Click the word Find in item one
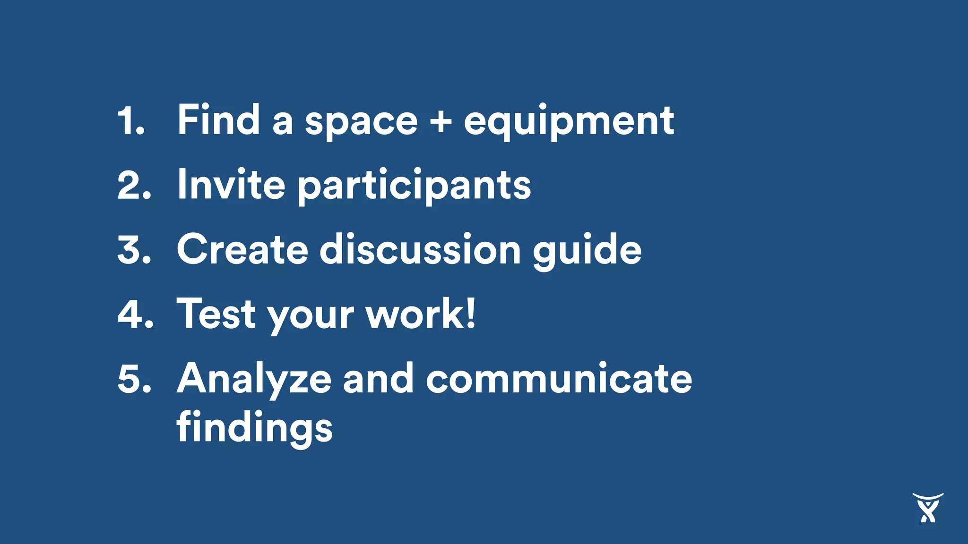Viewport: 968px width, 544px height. click(218, 120)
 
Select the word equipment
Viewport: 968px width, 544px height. click(569, 122)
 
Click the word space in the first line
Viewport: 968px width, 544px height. click(361, 123)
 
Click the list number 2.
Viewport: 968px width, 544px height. click(133, 185)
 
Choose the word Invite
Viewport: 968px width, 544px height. click(231, 185)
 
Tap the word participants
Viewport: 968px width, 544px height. click(414, 187)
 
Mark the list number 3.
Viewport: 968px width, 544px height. click(134, 250)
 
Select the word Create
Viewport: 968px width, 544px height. click(242, 249)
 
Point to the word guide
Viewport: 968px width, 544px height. click(587, 251)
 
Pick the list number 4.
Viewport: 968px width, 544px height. click(135, 314)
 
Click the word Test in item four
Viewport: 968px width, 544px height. click(216, 314)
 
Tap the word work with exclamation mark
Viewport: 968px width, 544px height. click(421, 314)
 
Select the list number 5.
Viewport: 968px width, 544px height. click(134, 379)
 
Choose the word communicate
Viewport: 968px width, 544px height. click(559, 379)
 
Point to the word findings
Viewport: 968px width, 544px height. click(255, 427)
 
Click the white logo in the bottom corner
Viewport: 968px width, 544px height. click(928, 508)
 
